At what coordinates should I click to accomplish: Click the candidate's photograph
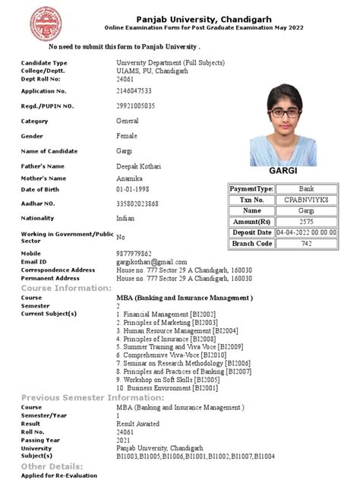282,123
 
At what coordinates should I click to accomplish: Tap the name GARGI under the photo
282,172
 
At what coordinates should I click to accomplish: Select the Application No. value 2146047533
139,90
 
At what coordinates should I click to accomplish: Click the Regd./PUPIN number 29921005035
141,106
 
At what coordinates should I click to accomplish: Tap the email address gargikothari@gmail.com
151,261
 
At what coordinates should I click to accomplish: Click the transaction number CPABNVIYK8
305,200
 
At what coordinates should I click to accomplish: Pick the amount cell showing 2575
305,221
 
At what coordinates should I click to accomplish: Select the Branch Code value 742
305,243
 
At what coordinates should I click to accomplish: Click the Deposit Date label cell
252,232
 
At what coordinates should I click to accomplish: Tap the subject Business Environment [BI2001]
162,388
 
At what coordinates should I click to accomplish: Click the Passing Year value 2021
124,439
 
